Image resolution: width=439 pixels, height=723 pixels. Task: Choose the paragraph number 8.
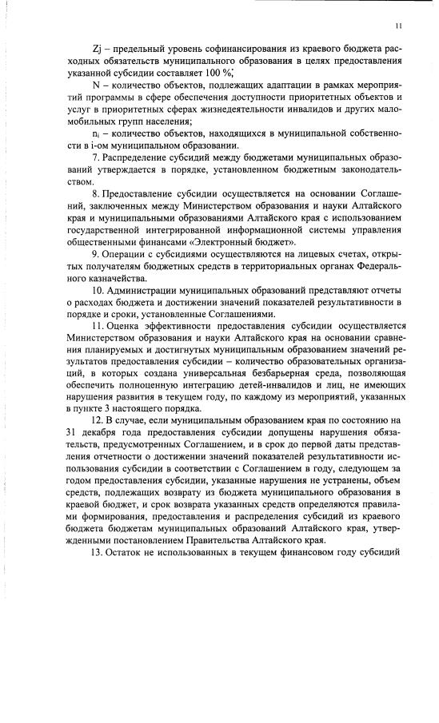coord(96,194)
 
